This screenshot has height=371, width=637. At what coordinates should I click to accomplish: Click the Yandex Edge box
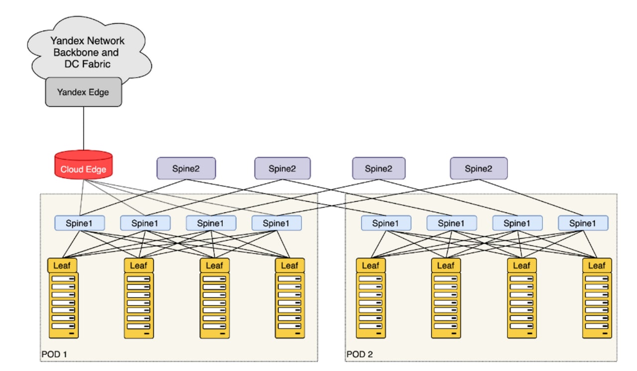click(84, 92)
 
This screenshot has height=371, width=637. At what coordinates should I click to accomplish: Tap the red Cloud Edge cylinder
click(84, 165)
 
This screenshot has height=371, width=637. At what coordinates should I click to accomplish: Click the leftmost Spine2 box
click(186, 168)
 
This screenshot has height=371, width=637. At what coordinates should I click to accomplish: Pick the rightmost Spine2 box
click(479, 168)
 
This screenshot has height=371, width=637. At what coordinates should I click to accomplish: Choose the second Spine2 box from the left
click(282, 168)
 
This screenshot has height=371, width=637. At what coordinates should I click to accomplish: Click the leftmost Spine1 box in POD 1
click(80, 223)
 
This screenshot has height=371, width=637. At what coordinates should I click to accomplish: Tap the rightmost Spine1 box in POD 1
click(277, 223)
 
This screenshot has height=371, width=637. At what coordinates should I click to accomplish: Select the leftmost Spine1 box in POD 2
click(386, 223)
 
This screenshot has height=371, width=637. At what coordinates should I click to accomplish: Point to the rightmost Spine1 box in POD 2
click(583, 223)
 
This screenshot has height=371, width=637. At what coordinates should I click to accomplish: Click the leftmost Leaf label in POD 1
click(62, 266)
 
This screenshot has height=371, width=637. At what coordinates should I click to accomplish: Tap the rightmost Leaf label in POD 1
click(290, 266)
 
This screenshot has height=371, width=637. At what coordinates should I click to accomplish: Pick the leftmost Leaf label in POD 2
click(371, 266)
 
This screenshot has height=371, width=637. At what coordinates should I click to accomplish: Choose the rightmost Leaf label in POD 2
click(597, 266)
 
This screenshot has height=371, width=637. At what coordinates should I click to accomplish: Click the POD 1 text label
click(54, 354)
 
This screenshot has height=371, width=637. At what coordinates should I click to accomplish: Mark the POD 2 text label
click(359, 354)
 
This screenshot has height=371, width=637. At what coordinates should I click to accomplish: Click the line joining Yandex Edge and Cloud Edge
click(84, 128)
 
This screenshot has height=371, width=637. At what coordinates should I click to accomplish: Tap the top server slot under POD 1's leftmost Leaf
click(63, 279)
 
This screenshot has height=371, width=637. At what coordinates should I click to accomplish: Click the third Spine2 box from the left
click(379, 168)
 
